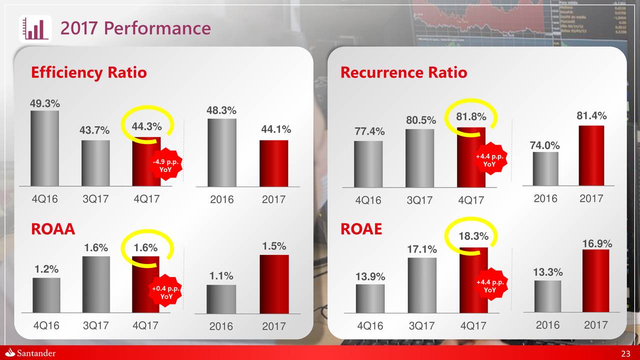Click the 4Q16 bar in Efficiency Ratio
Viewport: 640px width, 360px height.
pos(44,148)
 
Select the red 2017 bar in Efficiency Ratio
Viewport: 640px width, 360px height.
pos(273,163)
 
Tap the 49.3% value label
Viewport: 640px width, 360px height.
pos(45,104)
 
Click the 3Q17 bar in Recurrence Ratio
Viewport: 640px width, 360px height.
pos(419,158)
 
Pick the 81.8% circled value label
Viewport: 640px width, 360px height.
pos(471,117)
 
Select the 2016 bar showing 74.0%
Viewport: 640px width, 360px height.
pos(545,168)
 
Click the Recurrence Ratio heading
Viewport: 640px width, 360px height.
pos(403,73)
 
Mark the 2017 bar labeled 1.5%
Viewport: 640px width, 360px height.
pos(273,284)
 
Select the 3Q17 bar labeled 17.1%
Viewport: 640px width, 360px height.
pos(421,285)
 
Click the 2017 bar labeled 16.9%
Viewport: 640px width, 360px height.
pos(595,280)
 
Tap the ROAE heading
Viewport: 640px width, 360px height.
pos(361,229)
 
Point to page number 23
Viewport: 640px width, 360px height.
pos(625,354)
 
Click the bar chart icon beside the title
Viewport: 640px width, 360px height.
pos(36,28)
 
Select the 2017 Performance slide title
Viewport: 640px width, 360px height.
pos(135,28)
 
